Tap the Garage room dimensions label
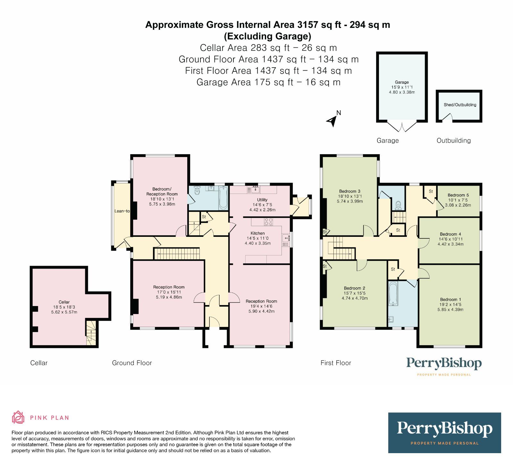(x=402, y=90)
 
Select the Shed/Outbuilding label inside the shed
(x=460, y=105)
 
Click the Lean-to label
(x=122, y=211)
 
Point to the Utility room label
(x=262, y=200)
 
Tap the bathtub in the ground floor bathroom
(x=223, y=197)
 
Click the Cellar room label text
(x=64, y=302)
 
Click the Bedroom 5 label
(x=458, y=195)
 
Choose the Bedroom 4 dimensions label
(x=450, y=242)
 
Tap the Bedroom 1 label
(x=450, y=300)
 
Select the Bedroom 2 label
(x=354, y=288)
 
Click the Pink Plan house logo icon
(x=18, y=417)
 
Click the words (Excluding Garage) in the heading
(x=268, y=36)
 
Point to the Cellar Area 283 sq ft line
(x=268, y=48)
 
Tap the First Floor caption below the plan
(x=336, y=363)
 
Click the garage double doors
(x=402, y=126)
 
